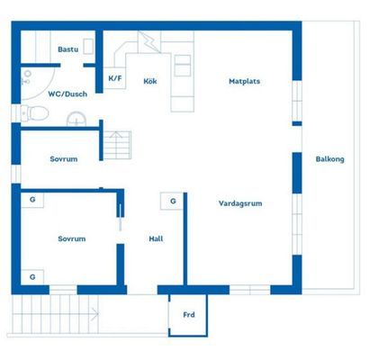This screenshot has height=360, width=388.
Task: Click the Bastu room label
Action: [68, 49]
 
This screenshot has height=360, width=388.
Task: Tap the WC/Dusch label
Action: [68, 94]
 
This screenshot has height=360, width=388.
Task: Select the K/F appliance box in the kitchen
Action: [114, 78]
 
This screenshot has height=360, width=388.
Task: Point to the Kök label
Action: [150, 81]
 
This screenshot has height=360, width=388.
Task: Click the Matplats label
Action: [244, 81]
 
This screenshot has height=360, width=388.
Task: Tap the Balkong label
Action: [329, 159]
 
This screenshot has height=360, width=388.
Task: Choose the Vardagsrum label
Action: [240, 203]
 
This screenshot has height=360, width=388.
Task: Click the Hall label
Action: [156, 238]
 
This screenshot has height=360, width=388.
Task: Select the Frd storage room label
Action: [189, 315]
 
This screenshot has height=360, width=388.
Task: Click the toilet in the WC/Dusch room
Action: [35, 113]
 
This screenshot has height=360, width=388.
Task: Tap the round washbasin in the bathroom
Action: [77, 119]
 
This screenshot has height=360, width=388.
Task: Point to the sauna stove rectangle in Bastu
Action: [88, 47]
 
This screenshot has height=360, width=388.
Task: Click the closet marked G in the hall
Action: [172, 201]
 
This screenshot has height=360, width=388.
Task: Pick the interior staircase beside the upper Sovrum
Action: [117, 145]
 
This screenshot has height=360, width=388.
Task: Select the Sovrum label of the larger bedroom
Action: [72, 238]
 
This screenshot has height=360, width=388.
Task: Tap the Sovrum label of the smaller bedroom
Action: [64, 159]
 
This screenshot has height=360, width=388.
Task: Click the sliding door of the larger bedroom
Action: [121, 218]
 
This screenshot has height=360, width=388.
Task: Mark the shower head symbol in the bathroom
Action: [27, 77]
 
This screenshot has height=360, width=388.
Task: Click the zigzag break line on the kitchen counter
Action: [150, 42]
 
